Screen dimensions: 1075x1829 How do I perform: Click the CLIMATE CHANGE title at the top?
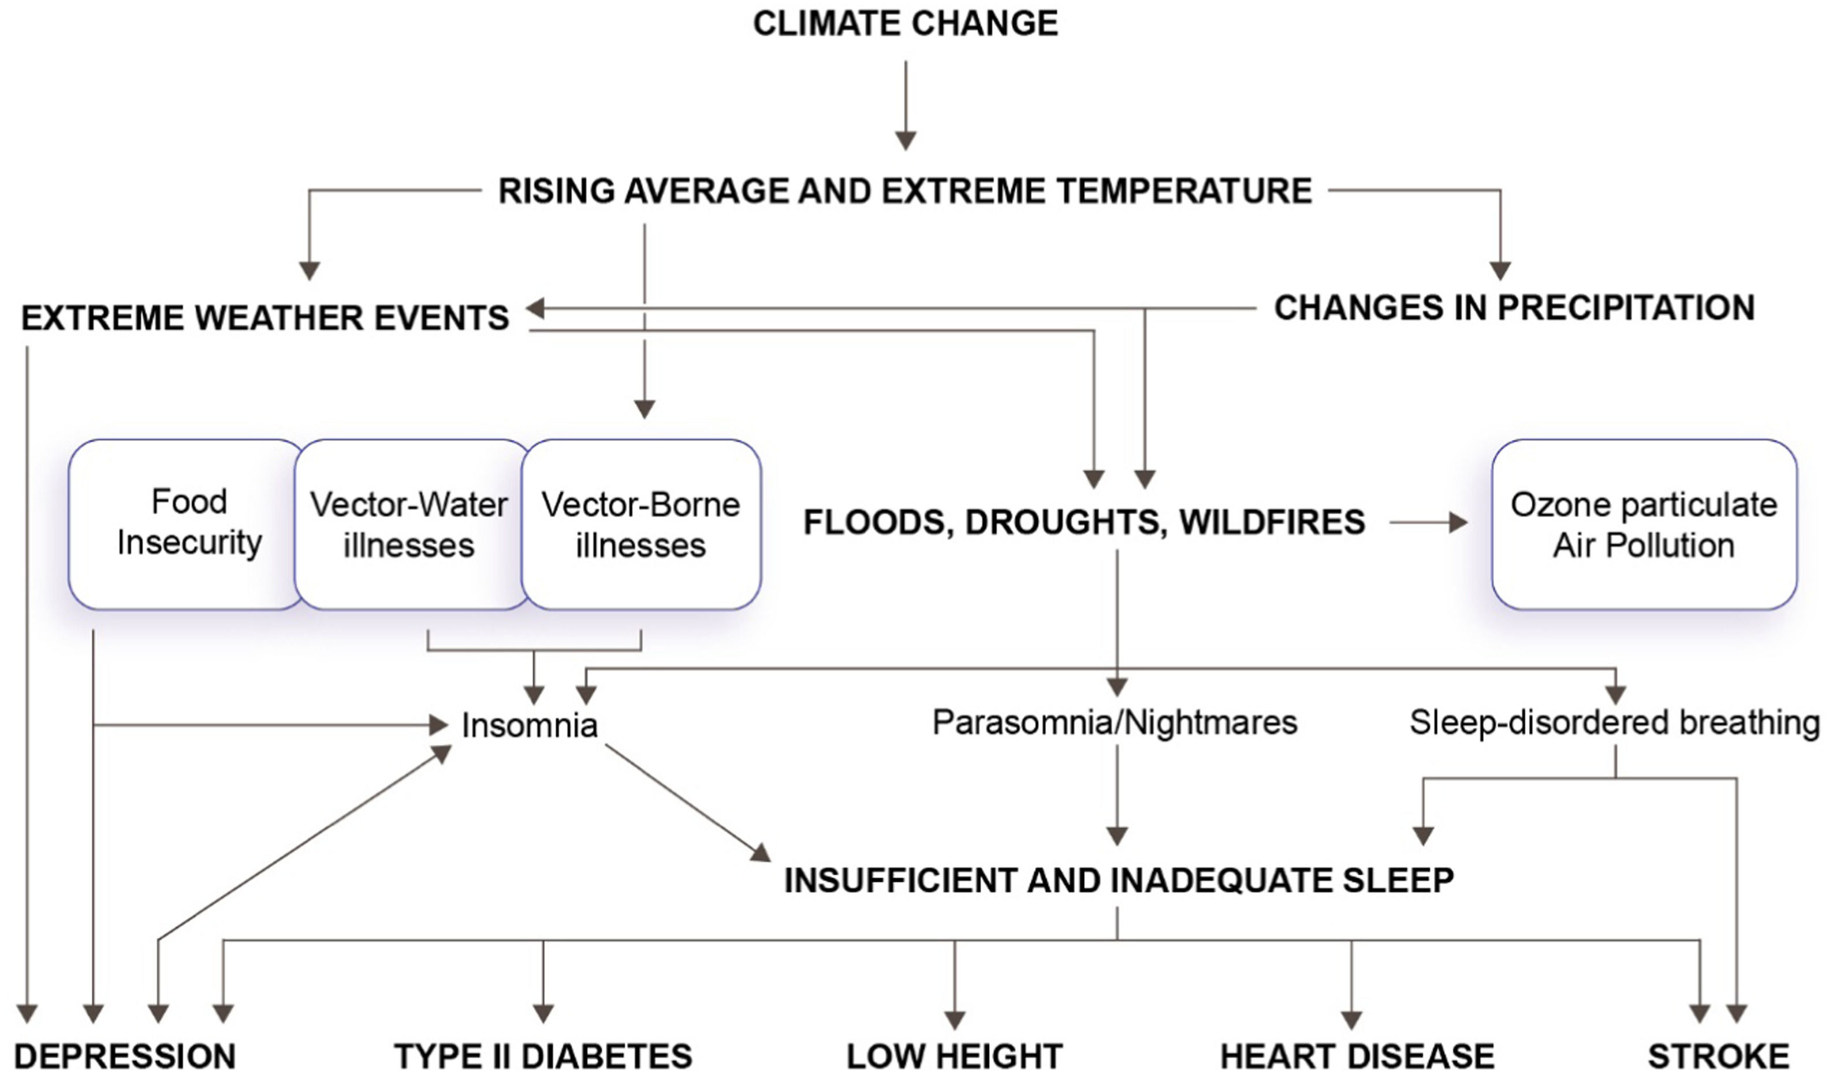click(x=905, y=23)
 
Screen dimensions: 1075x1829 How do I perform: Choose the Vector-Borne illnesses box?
click(x=641, y=525)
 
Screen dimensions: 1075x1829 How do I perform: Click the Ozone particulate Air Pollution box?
click(x=1644, y=525)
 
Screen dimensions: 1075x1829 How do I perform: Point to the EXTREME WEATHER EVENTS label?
click(x=265, y=318)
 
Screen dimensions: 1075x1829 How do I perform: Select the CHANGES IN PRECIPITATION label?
click(x=1514, y=308)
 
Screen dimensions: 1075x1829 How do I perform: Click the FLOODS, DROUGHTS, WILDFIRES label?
click(x=1083, y=522)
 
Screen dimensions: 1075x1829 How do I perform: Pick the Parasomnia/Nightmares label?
click(x=1114, y=722)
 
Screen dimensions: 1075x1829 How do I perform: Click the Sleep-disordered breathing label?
click(x=1614, y=722)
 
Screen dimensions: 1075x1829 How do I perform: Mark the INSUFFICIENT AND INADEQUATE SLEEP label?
click(x=1119, y=880)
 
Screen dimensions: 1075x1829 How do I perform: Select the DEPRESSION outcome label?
click(x=125, y=1056)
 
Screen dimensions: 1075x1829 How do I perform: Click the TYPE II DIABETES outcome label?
click(x=543, y=1056)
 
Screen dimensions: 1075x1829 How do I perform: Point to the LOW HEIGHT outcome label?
click(x=955, y=1056)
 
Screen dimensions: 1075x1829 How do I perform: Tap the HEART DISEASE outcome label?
click(x=1357, y=1056)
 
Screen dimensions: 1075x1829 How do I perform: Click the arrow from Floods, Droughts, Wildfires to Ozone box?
click(x=1427, y=522)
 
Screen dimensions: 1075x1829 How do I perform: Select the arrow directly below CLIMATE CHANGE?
click(x=905, y=105)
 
